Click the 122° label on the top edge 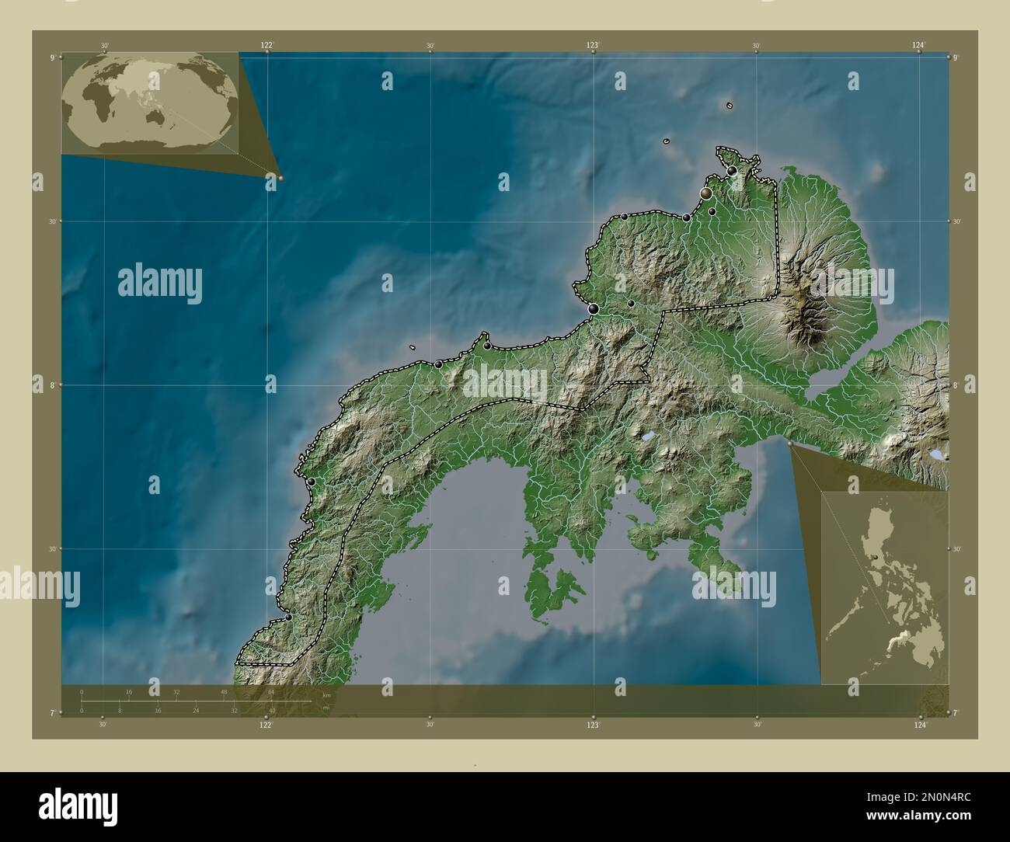tap(267, 46)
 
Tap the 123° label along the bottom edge tap(593, 725)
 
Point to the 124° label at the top tap(919, 46)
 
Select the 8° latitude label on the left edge tap(53, 385)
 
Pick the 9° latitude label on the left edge tap(53, 57)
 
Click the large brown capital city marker tap(706, 193)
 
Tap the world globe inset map tap(150, 103)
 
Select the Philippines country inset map tap(884, 587)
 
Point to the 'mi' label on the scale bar tap(326, 707)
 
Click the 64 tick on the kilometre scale tap(271, 692)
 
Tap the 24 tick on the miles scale tap(196, 710)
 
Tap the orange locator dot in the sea tap(280, 178)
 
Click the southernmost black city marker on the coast tap(288, 618)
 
